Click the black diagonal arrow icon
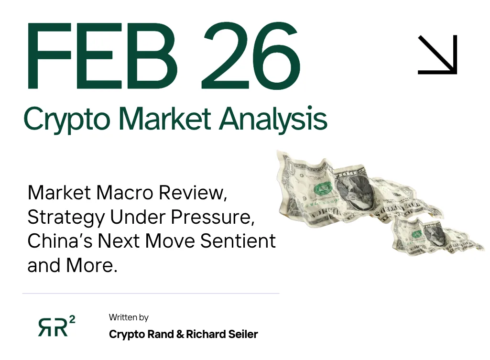point(437,55)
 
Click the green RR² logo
point(56,326)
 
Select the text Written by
point(129,317)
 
